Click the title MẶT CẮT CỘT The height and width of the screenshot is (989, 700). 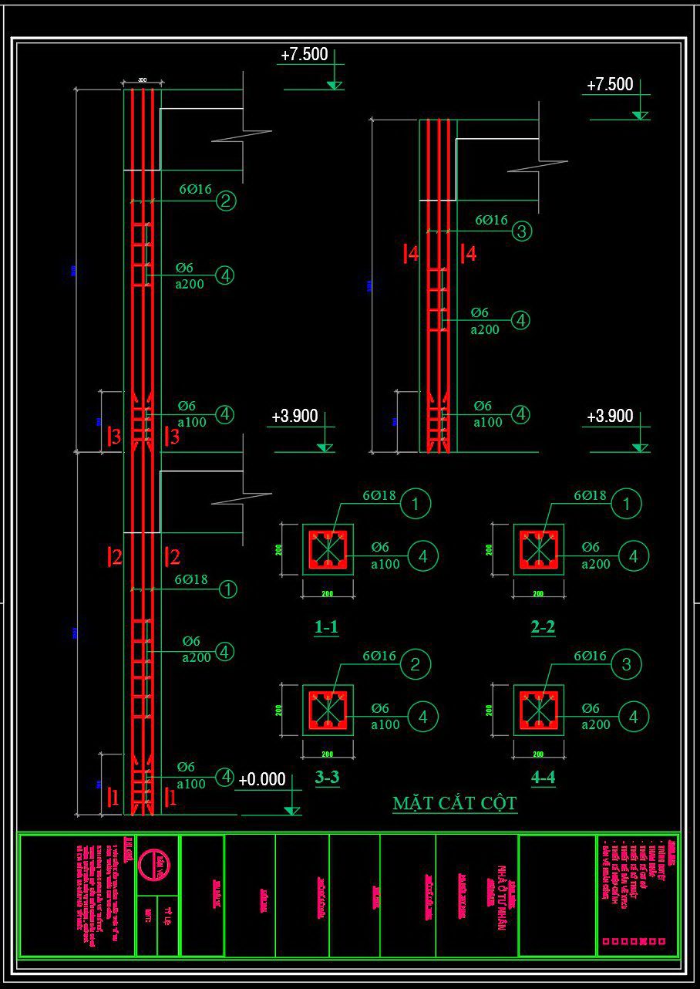click(454, 803)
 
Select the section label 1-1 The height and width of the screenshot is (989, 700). click(326, 627)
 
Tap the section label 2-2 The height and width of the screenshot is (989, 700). click(543, 627)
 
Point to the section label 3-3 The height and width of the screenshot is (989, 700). click(327, 777)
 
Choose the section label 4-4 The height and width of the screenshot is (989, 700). click(543, 777)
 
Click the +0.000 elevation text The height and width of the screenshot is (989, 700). click(262, 779)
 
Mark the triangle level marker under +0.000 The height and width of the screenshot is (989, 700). click(291, 810)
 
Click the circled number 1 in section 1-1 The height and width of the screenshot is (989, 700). click(416, 504)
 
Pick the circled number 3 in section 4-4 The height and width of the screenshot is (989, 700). click(626, 664)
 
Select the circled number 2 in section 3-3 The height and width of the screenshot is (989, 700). click(416, 664)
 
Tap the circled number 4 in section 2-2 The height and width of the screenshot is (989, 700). click(634, 555)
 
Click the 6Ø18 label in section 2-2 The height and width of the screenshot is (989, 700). click(591, 495)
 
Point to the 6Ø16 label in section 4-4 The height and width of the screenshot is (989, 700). click(591, 656)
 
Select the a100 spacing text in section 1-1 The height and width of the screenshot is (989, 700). click(385, 564)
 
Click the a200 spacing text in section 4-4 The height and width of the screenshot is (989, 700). click(596, 724)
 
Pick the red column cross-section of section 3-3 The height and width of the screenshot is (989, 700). click(328, 710)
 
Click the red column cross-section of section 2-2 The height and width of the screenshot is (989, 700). click(539, 549)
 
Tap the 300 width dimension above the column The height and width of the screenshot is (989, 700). click(143, 80)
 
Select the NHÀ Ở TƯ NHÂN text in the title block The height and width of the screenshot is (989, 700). click(500, 896)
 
